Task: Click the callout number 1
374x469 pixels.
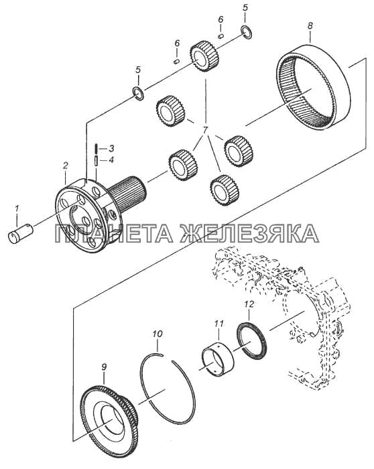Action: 17,208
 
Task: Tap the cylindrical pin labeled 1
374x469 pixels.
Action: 20,233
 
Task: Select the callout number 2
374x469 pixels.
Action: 65,165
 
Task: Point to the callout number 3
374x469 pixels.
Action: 111,148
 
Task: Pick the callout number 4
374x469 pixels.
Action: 111,160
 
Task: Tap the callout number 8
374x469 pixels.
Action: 310,25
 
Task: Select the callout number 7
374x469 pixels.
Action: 205,131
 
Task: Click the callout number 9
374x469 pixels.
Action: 104,368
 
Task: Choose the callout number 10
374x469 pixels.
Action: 158,334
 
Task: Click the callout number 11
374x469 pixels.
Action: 219,324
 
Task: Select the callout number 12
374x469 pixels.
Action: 249,304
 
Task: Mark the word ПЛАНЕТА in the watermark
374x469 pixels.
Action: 114,233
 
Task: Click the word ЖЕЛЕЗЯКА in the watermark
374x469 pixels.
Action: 249,233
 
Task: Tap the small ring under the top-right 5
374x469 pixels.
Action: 246,32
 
